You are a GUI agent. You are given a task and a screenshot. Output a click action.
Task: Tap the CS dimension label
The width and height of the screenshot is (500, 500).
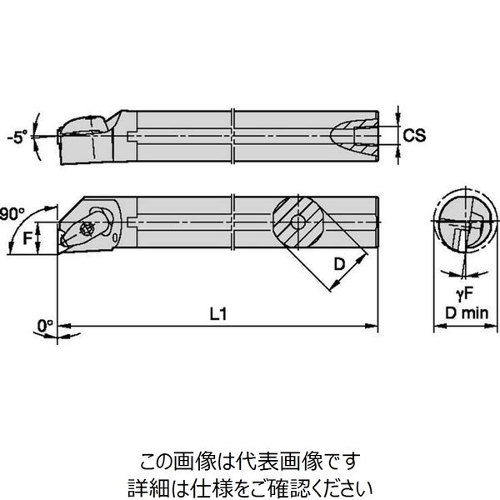point(414,135)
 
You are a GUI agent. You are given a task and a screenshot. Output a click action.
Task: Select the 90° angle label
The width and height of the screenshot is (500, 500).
point(12,214)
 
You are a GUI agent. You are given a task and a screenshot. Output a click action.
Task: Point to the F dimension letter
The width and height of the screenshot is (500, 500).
point(28,237)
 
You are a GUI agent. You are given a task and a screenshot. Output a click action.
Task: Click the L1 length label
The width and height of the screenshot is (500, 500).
point(218,314)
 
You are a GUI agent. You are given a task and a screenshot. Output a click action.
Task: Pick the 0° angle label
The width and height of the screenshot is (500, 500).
point(45,326)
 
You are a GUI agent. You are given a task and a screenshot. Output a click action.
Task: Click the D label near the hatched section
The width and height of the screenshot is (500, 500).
point(339,264)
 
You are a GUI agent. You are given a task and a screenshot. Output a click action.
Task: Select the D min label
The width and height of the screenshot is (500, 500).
point(467,313)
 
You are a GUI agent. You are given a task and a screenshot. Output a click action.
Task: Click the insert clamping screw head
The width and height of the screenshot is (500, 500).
point(87,228)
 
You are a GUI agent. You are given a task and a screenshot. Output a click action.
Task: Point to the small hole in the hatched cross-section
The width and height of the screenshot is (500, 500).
point(298,222)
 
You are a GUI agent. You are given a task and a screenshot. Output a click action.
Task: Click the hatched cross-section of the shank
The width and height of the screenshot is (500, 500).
point(298,222)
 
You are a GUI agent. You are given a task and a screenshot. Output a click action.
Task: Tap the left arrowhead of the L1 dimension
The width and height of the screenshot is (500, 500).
point(64,326)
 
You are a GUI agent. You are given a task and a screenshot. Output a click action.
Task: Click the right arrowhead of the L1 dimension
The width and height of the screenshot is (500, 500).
point(372,326)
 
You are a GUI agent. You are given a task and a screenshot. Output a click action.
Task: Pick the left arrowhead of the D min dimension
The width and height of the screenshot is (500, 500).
point(440,326)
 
